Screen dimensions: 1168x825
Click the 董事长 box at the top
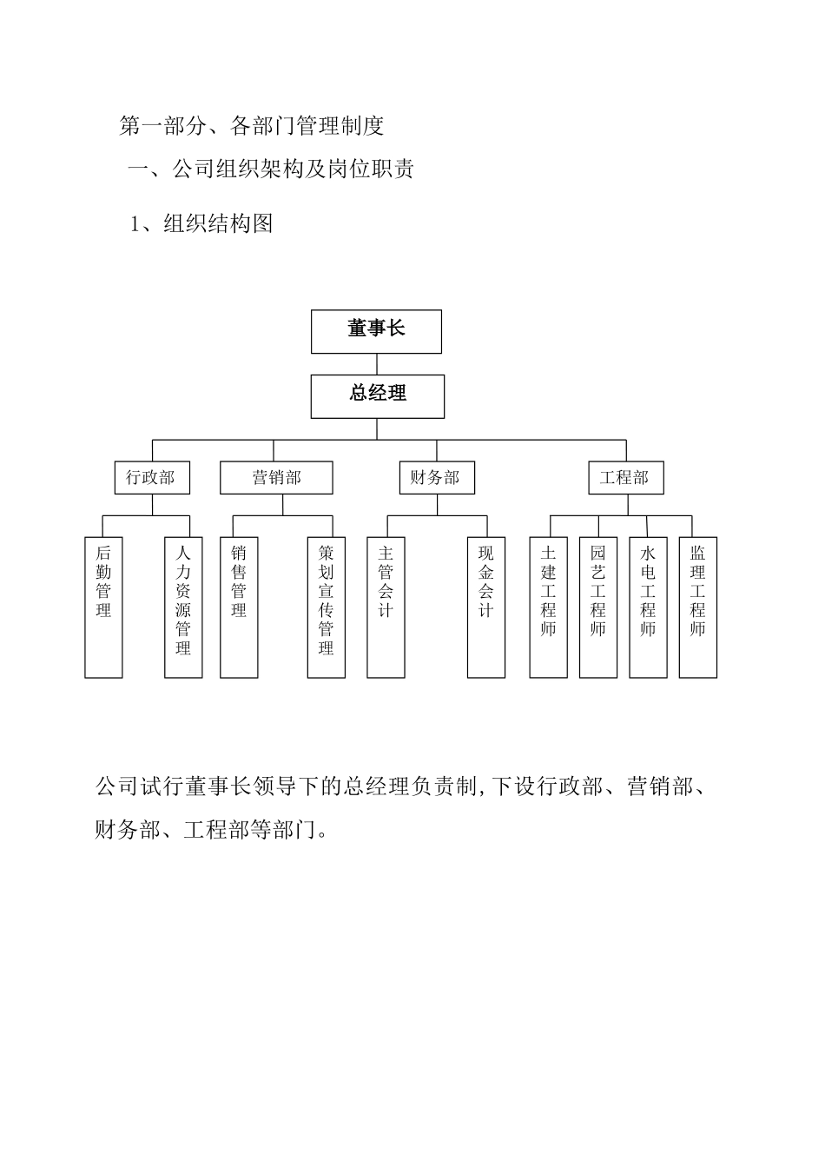pos(376,331)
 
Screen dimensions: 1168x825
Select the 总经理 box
pos(378,396)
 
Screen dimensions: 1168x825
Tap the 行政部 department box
pos(151,478)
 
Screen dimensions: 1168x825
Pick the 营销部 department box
pos(276,478)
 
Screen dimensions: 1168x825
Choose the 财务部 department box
pos(436,478)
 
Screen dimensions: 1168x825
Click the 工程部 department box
pos(625,478)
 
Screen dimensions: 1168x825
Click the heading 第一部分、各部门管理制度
pos(251,126)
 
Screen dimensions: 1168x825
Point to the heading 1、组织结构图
pos(201,223)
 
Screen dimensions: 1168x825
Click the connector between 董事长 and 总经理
pos(377,364)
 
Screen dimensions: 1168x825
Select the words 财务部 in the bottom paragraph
pos(127,830)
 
